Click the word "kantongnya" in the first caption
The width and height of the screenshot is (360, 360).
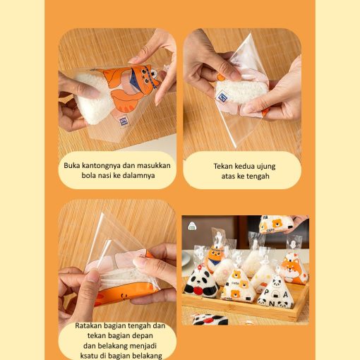pos(101,166)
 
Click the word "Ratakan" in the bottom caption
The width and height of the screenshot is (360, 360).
pos(88,325)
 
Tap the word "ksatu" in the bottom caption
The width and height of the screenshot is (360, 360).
pos(88,356)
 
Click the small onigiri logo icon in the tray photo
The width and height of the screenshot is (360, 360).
pos(192,226)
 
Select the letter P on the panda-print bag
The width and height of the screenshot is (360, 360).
pos(266,292)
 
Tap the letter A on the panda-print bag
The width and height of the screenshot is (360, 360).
pos(285,294)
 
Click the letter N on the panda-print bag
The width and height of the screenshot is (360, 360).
pos(272,304)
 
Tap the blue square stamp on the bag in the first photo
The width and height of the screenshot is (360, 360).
pos(124,121)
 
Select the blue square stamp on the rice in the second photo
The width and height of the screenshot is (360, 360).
pos(222,97)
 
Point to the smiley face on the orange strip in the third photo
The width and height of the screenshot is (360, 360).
pos(123,296)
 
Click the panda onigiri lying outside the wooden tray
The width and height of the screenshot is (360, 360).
pos(210,319)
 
